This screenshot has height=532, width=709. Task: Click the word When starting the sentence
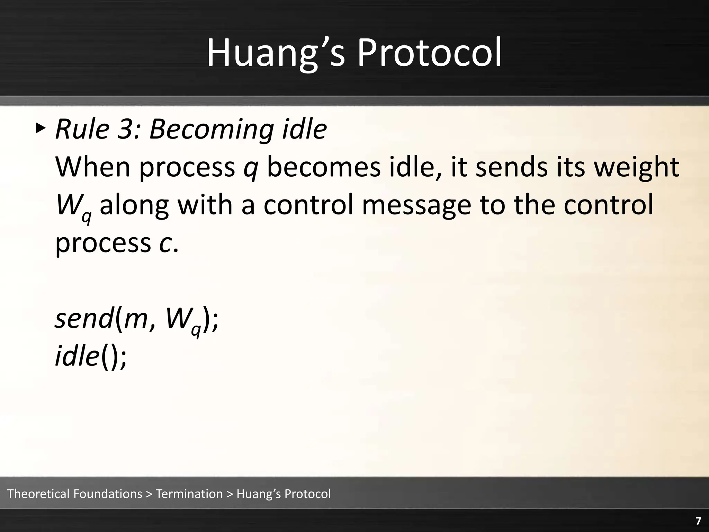[x=92, y=167]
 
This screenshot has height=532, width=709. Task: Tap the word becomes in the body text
[x=324, y=167]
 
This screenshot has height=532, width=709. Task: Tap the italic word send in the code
[x=84, y=319]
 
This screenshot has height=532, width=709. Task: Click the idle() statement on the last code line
[x=91, y=357]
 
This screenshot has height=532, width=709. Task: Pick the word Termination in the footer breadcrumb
[x=189, y=494]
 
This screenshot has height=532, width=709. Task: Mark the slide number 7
[x=698, y=521]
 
